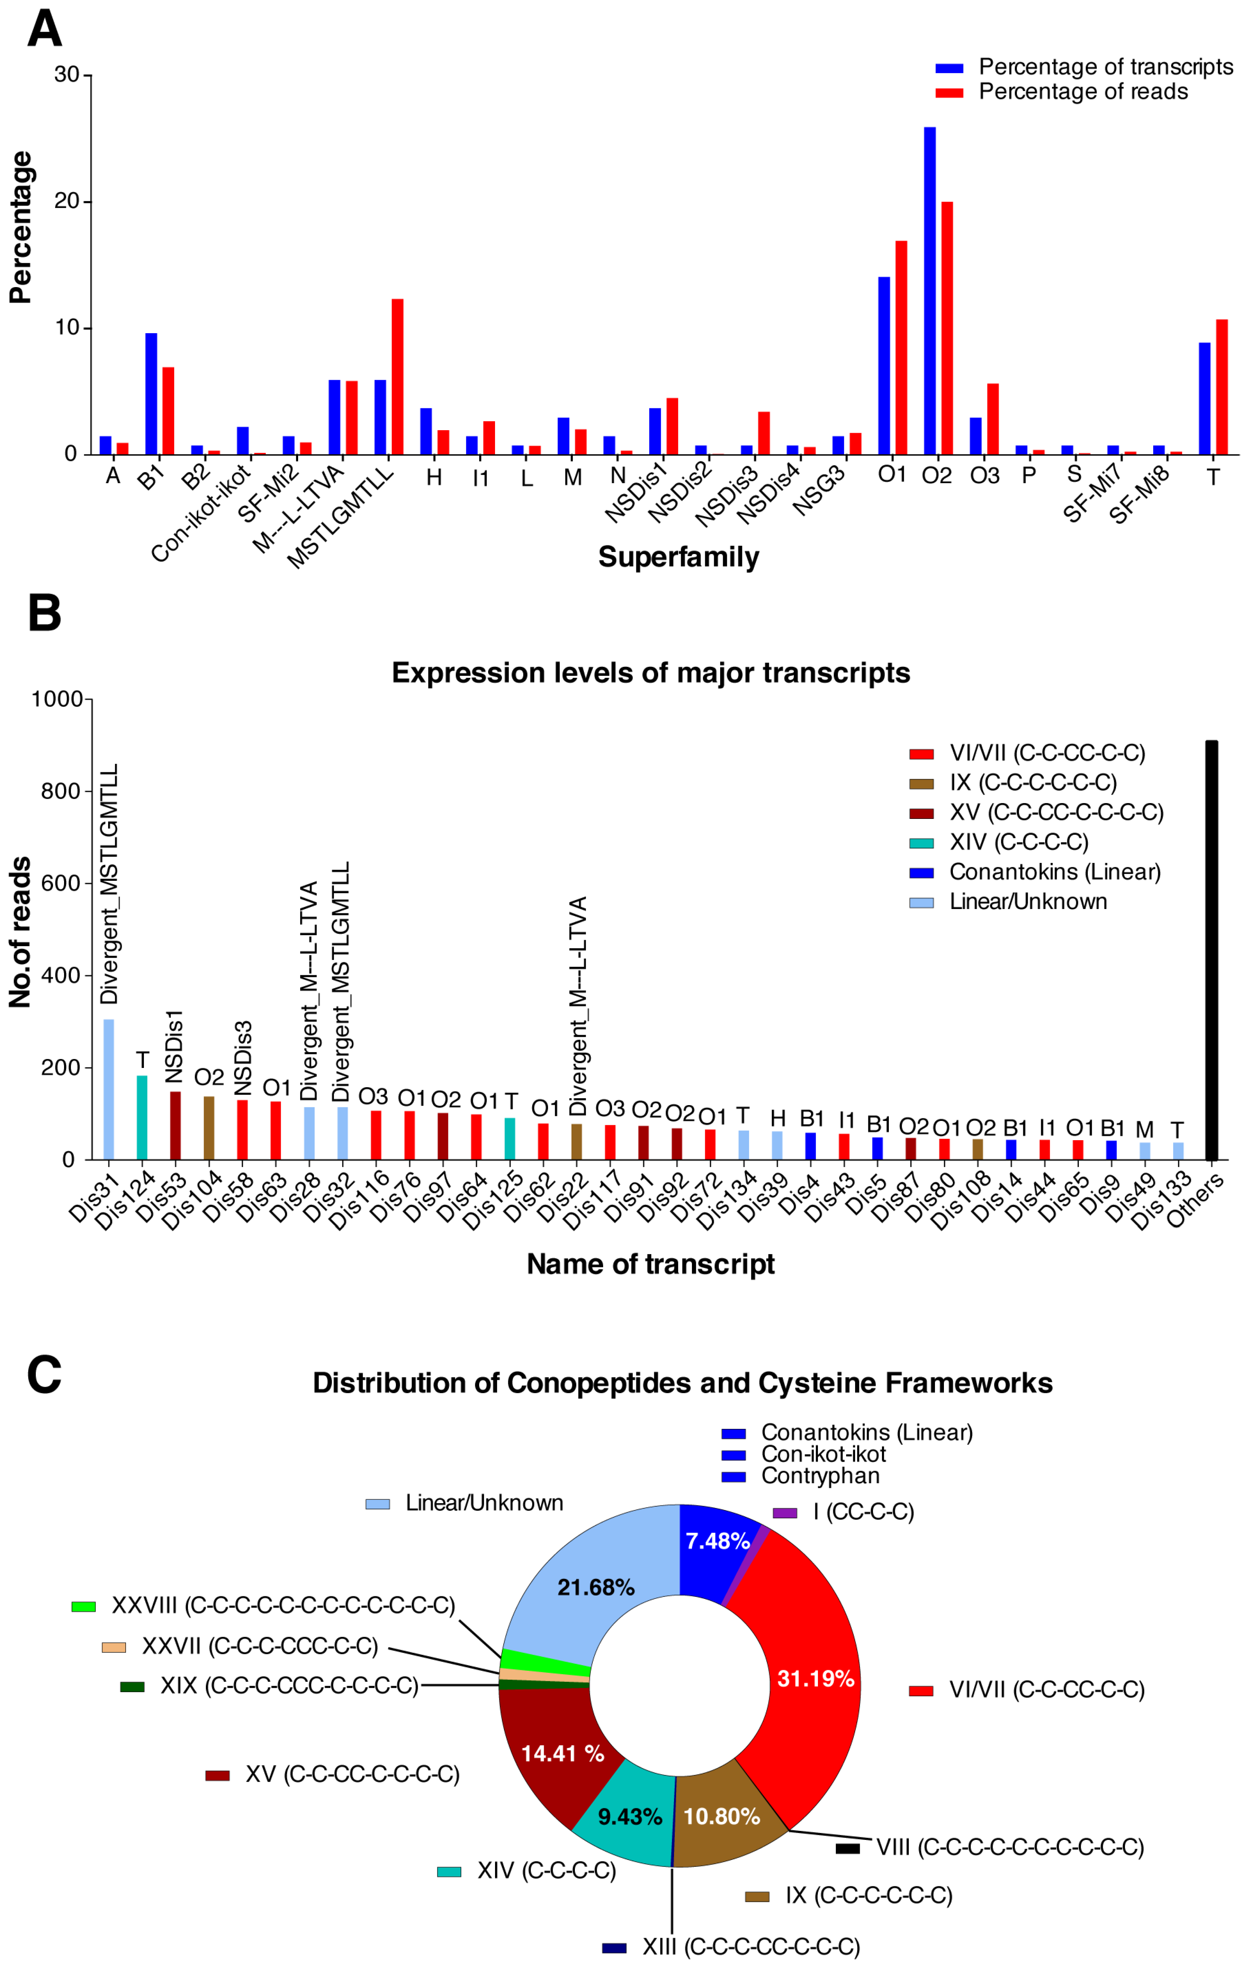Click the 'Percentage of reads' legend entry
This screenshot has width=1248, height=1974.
(1082, 92)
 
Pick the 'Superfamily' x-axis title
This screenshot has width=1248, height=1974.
(679, 557)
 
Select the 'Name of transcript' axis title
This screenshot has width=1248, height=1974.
(650, 1263)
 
